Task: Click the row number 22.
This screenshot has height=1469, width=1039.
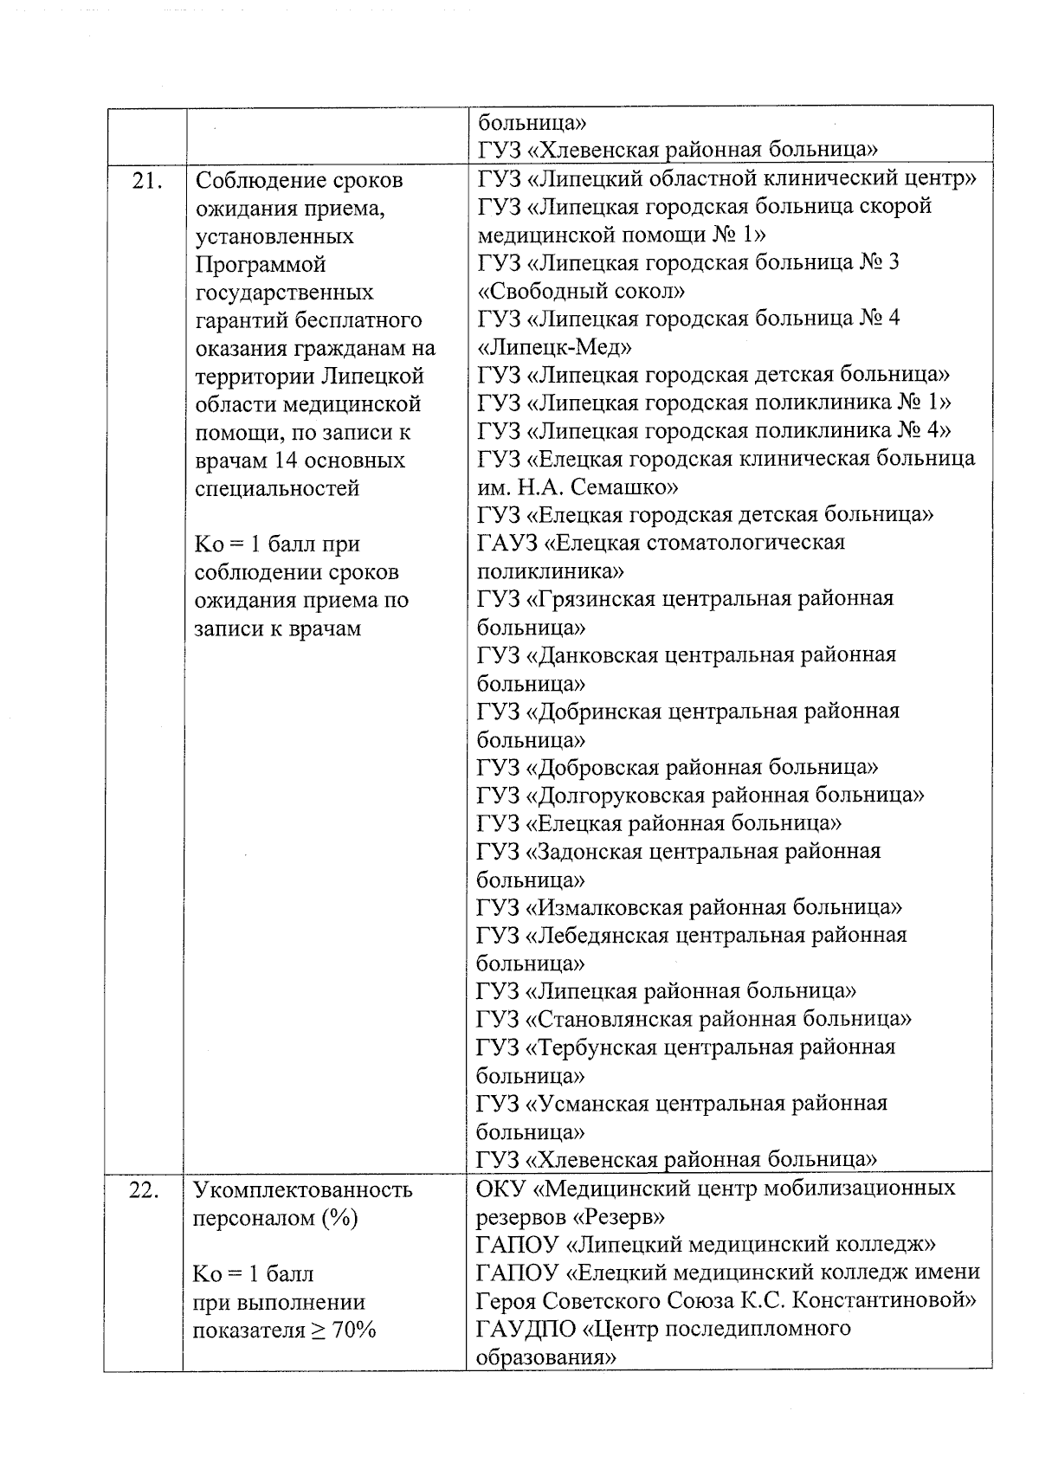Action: [x=144, y=1190]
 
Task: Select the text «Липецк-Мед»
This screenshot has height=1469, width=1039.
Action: [x=554, y=347]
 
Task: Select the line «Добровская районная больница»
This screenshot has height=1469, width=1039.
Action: [x=678, y=767]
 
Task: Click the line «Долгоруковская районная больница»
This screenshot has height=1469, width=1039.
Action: [x=701, y=795]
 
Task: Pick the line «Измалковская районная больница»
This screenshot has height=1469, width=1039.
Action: [x=690, y=907]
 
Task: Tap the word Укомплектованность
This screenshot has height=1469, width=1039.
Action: [x=303, y=1190]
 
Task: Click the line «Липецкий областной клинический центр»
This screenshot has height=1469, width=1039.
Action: [x=727, y=179]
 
